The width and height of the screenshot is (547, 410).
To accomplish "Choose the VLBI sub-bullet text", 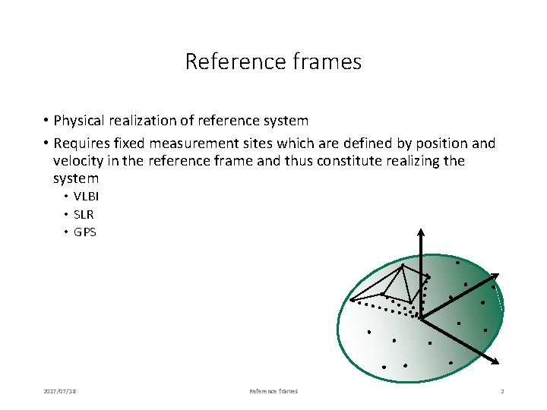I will pyautogui.click(x=87, y=196).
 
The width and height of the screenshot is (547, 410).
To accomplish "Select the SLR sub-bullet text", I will pyautogui.click(x=84, y=214).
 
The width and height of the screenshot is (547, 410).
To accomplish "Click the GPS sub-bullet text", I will pyautogui.click(x=85, y=232).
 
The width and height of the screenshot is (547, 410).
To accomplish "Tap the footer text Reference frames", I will pyautogui.click(x=273, y=391).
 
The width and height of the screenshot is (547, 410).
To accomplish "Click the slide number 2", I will pyautogui.click(x=502, y=391).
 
